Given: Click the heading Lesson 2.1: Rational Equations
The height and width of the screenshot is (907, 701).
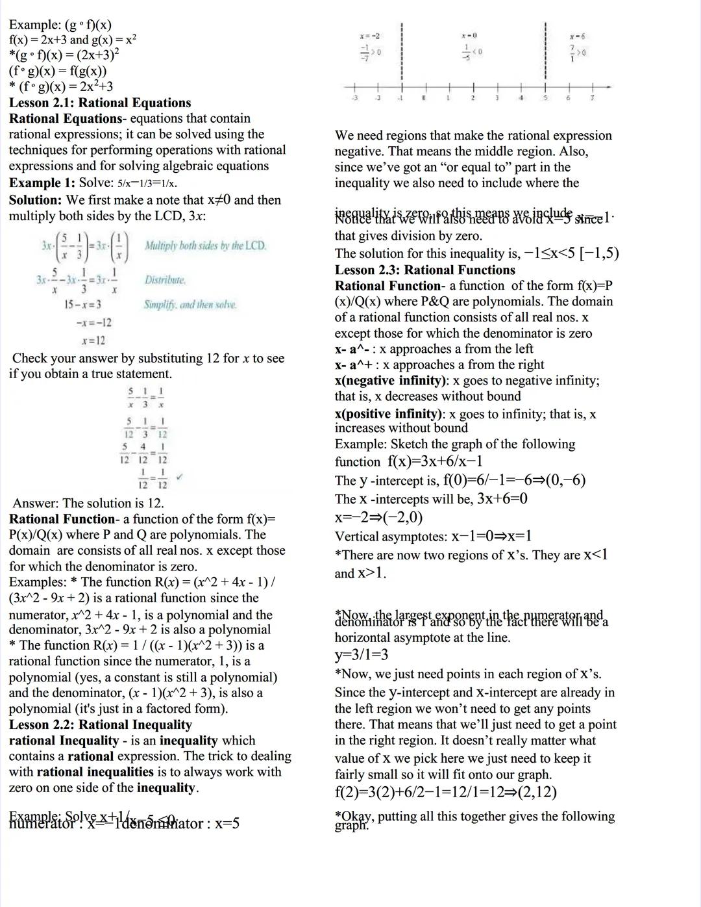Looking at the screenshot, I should tap(100, 103).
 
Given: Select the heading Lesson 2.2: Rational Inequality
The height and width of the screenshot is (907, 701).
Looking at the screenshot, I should tap(101, 724).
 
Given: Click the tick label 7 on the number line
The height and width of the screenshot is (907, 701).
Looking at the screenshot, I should tap(591, 98).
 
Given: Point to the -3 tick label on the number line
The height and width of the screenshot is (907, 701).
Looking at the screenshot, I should tap(354, 98).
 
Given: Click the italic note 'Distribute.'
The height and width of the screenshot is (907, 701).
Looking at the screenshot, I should tap(165, 280).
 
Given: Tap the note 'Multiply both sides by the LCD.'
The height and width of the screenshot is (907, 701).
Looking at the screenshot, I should tap(205, 246).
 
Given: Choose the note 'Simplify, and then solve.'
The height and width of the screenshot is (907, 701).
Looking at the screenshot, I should tap(190, 304).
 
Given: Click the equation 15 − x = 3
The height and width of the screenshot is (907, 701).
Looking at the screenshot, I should tap(82, 304).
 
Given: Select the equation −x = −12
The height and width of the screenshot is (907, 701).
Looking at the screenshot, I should tap(93, 322).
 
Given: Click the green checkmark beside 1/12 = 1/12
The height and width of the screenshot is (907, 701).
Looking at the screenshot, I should tap(180, 476).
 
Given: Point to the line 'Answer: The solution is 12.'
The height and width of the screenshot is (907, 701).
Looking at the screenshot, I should tap(88, 503).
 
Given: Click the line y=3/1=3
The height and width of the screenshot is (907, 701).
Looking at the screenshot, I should tap(362, 655).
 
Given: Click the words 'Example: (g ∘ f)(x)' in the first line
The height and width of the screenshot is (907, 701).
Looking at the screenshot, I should tap(60, 25).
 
